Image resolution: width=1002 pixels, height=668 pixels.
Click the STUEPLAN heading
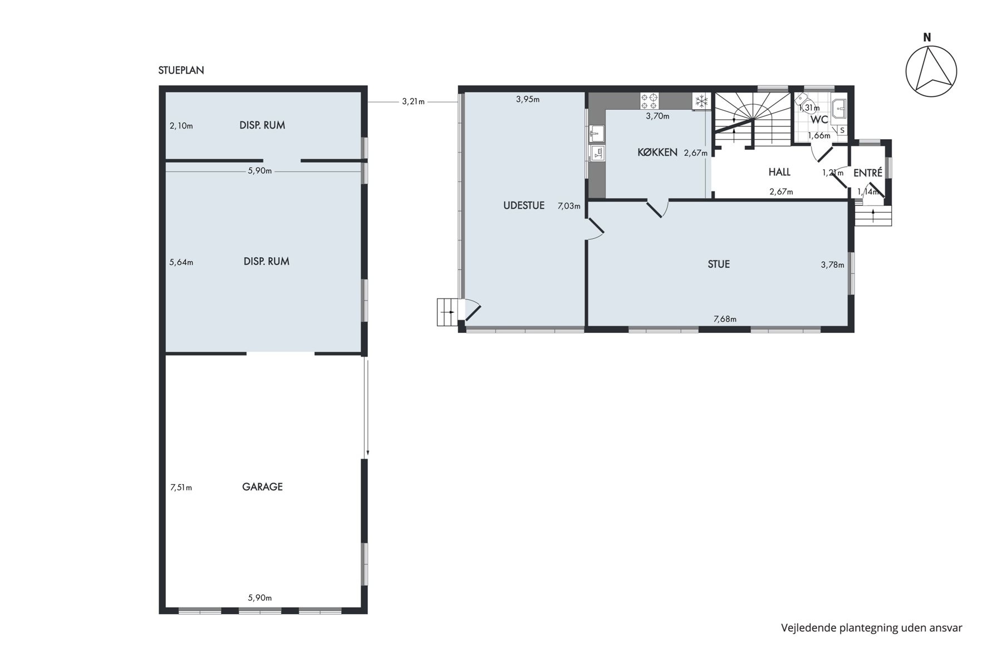click(181, 70)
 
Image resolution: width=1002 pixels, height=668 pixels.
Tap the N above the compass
click(927, 38)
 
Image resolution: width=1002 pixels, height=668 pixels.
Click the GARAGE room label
click(262, 487)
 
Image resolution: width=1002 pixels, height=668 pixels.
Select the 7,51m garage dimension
click(181, 488)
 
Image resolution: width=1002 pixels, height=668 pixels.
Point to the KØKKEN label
click(657, 152)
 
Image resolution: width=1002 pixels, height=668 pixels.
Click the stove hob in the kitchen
click(649, 101)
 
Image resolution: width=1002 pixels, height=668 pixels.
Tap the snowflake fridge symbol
click(701, 101)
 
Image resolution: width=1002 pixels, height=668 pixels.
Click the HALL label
click(779, 172)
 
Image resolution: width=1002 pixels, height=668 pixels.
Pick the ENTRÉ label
click(868, 173)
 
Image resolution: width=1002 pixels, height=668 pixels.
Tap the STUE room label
click(719, 264)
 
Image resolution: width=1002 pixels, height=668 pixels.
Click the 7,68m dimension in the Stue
click(725, 319)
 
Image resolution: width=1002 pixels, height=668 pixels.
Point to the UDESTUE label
click(524, 205)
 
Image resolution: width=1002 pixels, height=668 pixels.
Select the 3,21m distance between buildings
click(413, 102)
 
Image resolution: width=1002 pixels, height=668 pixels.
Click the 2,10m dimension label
click(181, 126)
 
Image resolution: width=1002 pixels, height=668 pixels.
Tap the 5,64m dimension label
click(181, 262)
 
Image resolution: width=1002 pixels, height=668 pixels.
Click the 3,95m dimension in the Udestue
click(528, 99)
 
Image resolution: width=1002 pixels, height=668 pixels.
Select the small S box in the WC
click(842, 130)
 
